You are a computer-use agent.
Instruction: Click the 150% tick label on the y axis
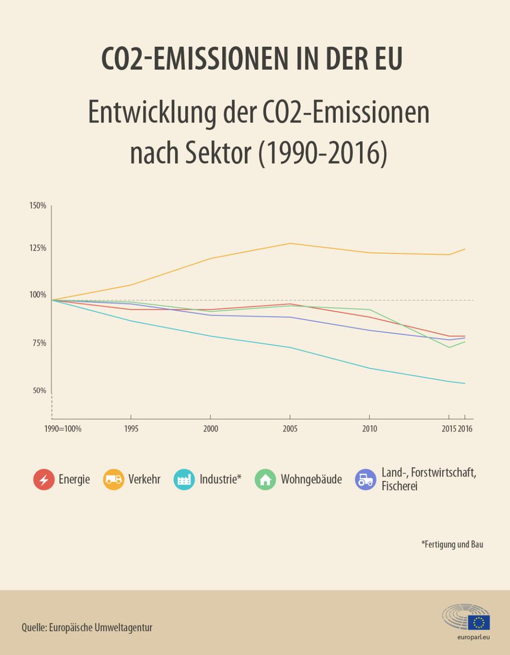pos(38,206)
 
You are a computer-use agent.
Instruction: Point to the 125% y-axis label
pos(38,248)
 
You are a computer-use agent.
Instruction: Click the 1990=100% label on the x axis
pos(63,429)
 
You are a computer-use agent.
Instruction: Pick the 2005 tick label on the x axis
pos(290,429)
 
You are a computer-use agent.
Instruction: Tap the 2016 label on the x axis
pos(465,429)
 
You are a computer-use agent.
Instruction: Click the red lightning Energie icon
pos(43,480)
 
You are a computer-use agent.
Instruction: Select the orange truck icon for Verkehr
pos(113,480)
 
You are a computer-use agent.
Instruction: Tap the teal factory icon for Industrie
pos(184,480)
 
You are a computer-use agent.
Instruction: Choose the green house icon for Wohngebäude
pos(265,480)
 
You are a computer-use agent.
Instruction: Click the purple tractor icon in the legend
pos(365,480)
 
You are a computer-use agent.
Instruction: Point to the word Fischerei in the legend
pos(400,486)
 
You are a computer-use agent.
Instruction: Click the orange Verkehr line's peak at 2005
pos(290,243)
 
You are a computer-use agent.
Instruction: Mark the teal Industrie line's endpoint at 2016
pos(465,384)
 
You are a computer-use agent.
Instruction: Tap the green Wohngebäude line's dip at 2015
pos(449,347)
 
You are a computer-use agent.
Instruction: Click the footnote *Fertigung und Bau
pos(452,544)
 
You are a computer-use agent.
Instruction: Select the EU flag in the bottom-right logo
pos(479,622)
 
